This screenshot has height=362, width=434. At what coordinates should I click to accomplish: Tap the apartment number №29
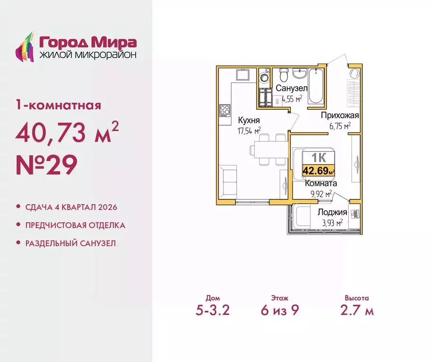tap(46, 166)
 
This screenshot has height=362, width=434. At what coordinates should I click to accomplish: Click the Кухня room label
tap(249, 120)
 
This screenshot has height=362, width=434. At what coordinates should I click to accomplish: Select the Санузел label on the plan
tap(292, 89)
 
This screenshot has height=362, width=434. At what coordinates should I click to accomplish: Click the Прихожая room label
tap(340, 115)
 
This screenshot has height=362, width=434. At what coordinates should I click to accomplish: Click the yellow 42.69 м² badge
tap(319, 170)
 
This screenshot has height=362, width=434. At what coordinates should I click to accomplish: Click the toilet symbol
tap(283, 75)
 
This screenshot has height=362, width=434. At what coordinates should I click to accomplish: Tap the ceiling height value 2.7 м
tap(356, 311)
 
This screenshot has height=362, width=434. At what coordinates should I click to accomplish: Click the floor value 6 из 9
tap(279, 311)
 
